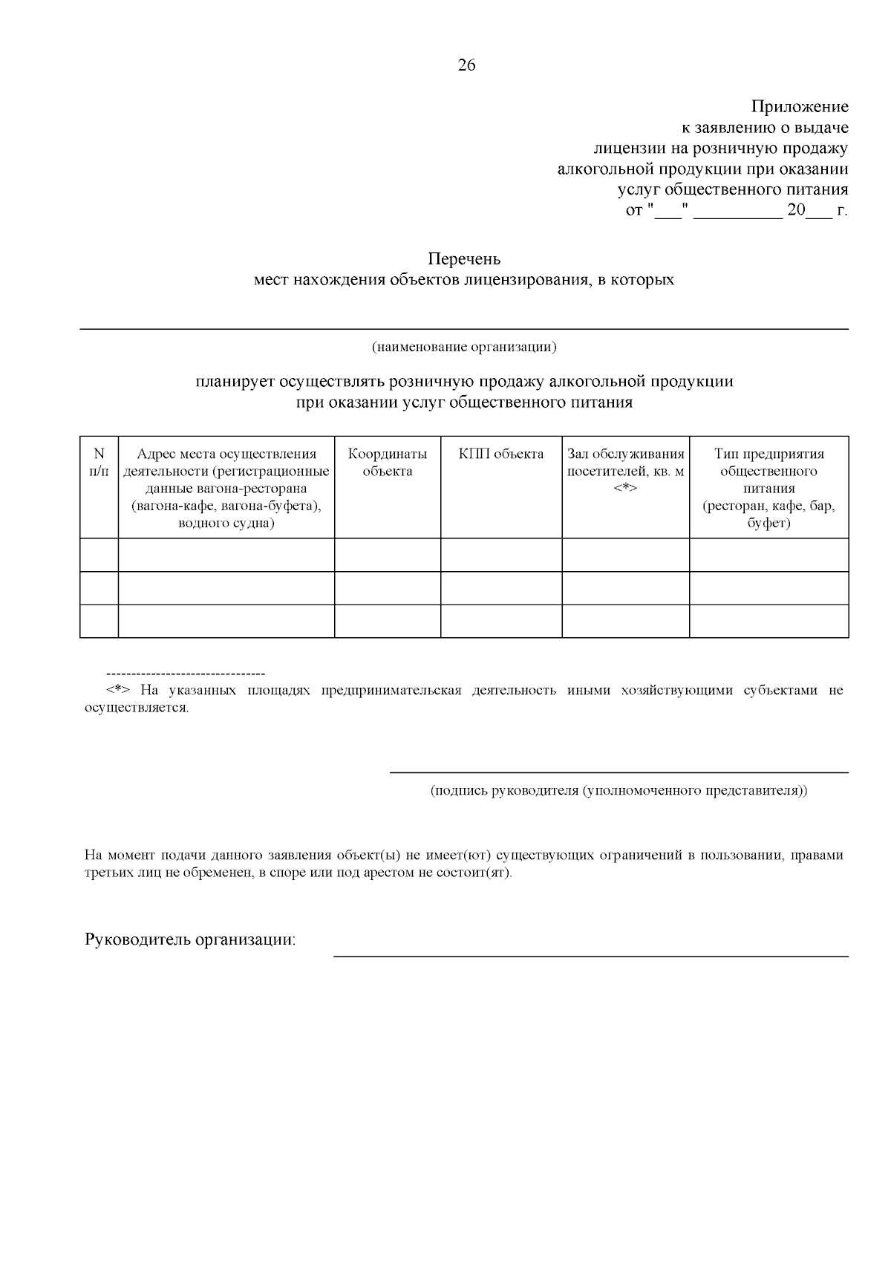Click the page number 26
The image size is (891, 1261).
click(x=466, y=65)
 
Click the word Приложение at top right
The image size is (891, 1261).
click(x=800, y=107)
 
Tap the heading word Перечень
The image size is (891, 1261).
click(x=464, y=259)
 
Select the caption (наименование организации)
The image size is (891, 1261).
click(x=464, y=347)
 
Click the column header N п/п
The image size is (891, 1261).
click(x=99, y=463)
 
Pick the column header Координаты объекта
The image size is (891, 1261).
click(x=388, y=463)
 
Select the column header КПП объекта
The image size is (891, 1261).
click(x=501, y=454)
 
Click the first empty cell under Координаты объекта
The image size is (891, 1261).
click(x=388, y=555)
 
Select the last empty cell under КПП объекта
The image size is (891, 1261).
click(x=501, y=621)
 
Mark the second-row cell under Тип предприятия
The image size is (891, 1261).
click(x=768, y=588)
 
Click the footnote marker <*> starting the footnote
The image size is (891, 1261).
click(x=118, y=691)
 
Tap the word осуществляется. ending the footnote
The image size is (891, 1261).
click(x=137, y=708)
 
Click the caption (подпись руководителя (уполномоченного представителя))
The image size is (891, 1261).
click(x=619, y=790)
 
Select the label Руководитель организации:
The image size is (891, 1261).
click(x=190, y=939)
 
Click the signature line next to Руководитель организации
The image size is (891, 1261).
click(x=590, y=955)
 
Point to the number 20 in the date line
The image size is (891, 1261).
click(x=796, y=210)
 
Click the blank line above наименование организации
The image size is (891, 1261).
click(x=464, y=328)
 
